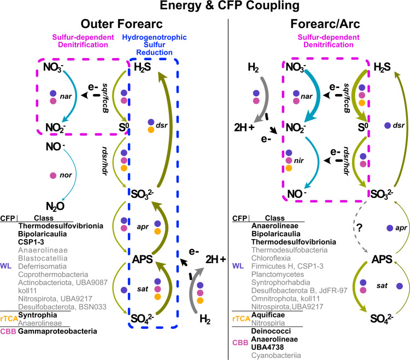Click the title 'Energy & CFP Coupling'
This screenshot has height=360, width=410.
click(x=205, y=7)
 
